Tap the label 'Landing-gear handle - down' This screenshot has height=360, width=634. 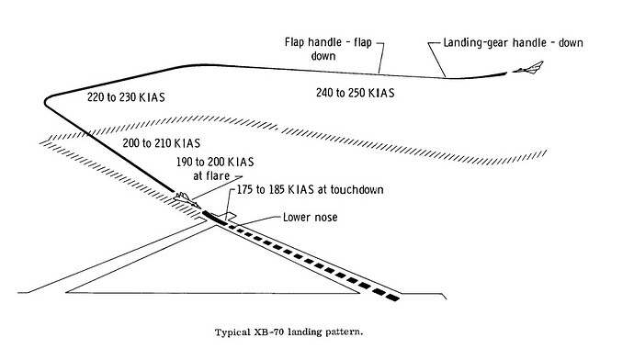click(506, 43)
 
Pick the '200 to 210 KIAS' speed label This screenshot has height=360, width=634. click(160, 144)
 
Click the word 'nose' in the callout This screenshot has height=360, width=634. click(327, 218)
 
